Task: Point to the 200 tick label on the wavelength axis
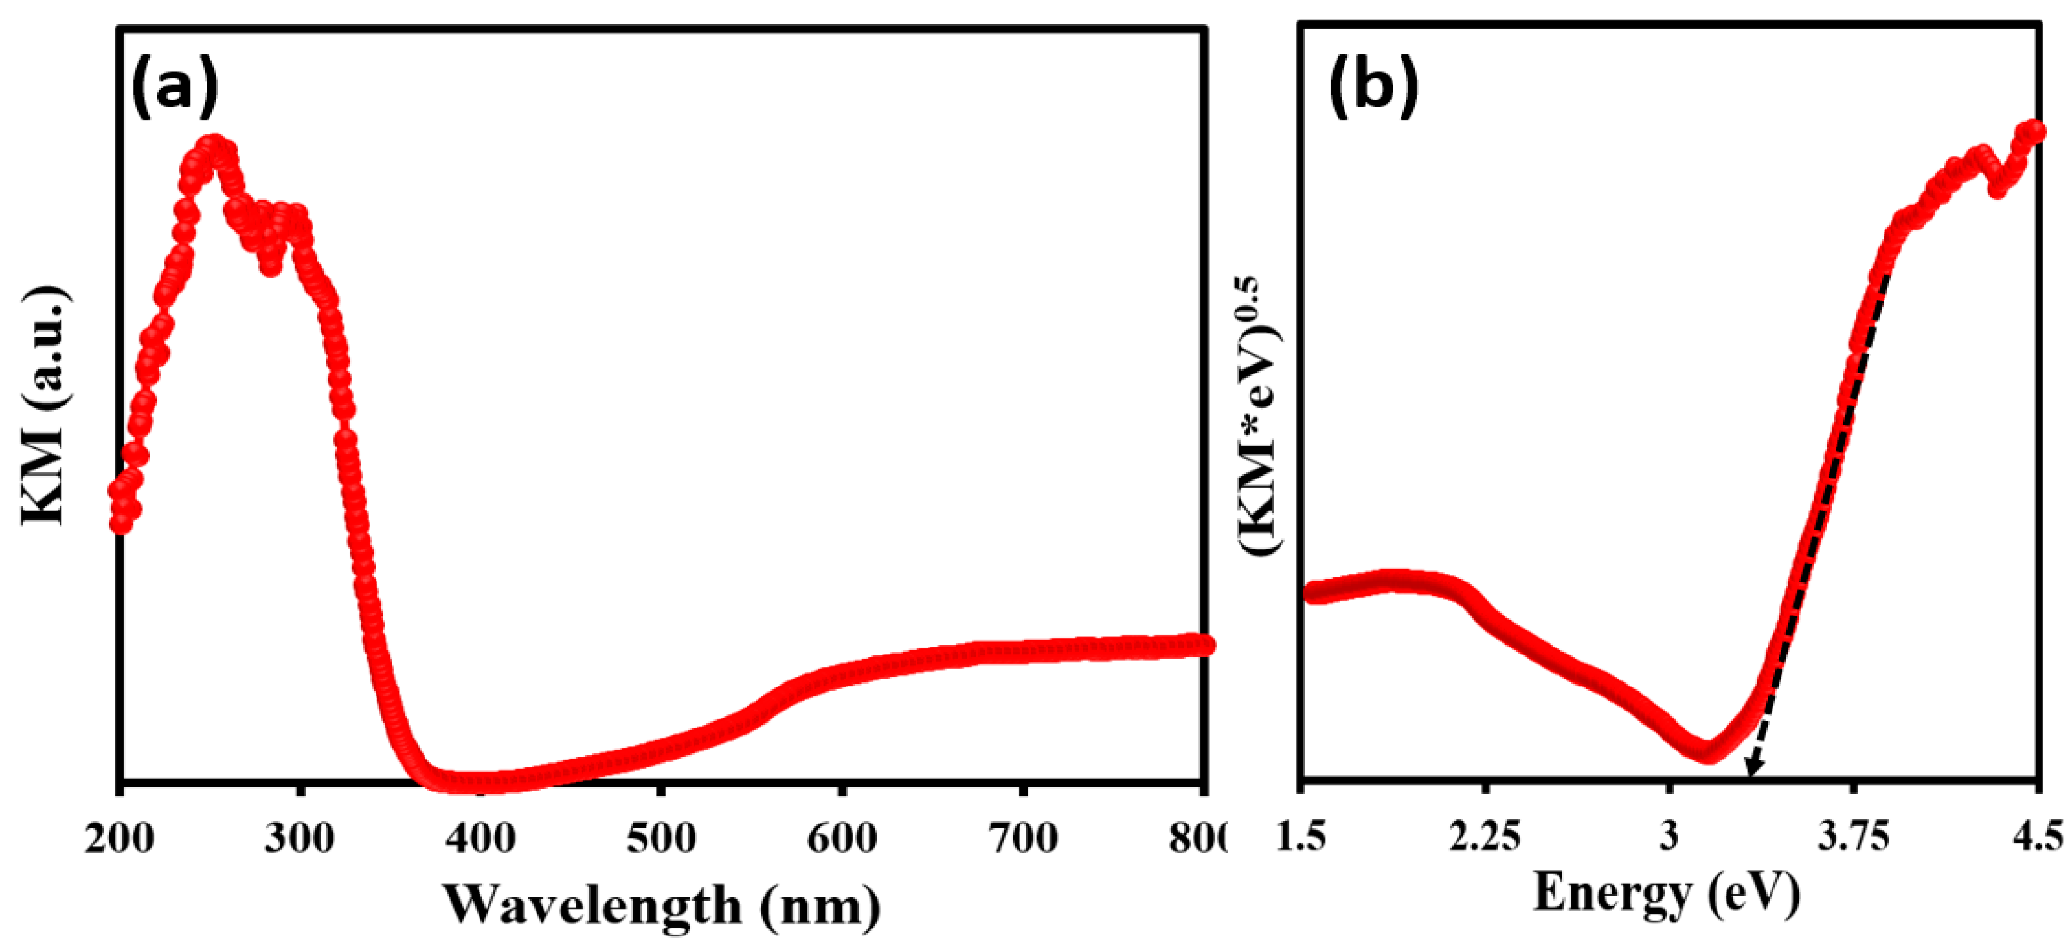point(119,839)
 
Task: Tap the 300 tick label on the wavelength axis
point(299,839)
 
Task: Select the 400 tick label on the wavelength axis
point(480,839)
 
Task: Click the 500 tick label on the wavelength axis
point(661,839)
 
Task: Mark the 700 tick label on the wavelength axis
point(1022,839)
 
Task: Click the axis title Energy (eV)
point(1666,894)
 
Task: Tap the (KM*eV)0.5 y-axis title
point(1259,414)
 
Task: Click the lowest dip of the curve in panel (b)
point(1707,753)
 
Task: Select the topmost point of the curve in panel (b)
point(2034,130)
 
